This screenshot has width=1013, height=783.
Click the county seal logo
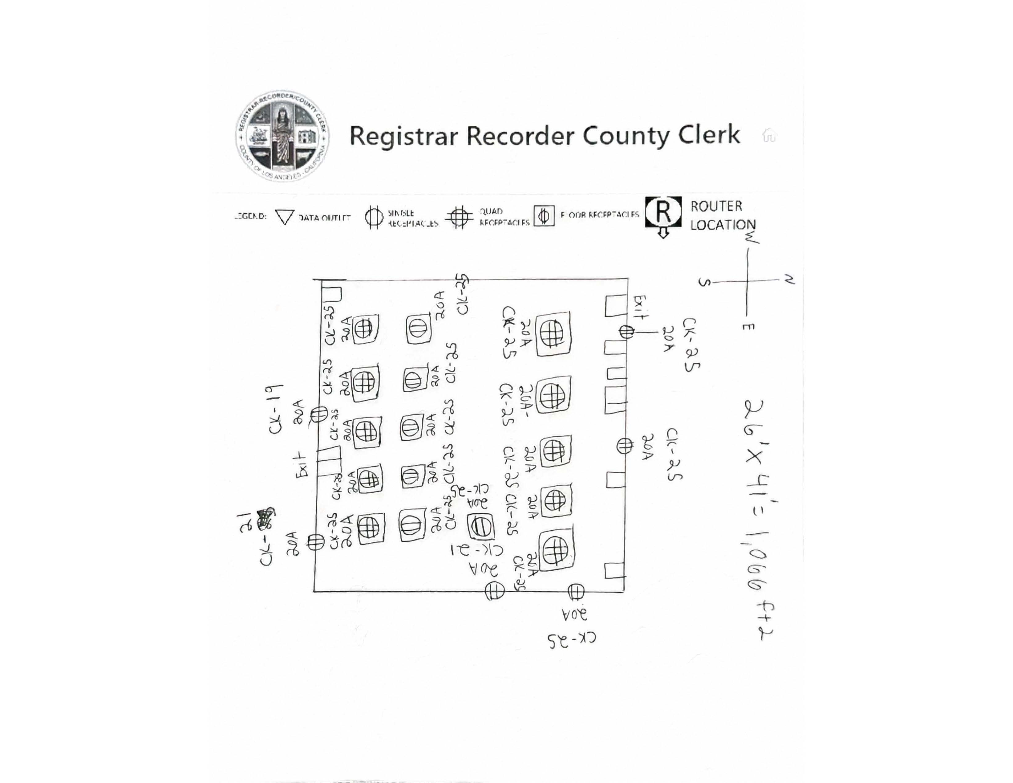point(282,136)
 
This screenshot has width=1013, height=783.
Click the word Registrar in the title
point(403,136)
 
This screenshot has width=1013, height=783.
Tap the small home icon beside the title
point(768,136)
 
